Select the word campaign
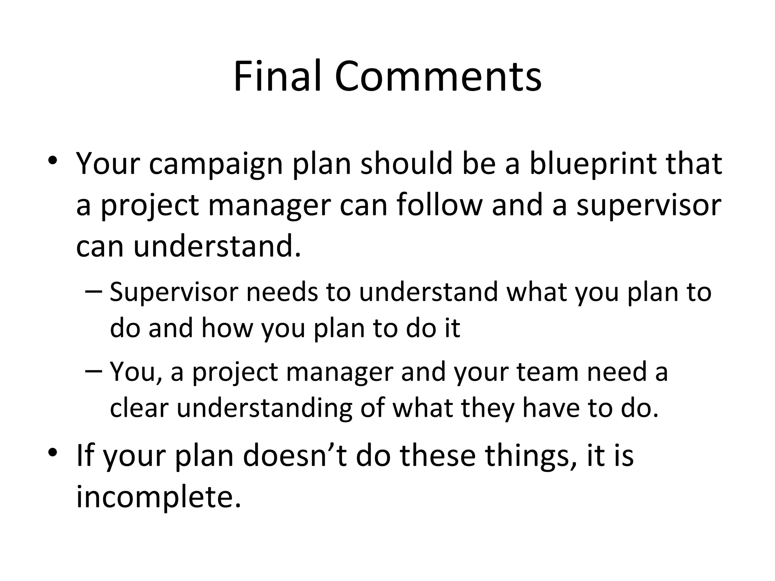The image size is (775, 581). (216, 165)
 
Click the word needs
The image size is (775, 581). (282, 292)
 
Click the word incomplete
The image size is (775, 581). (159, 498)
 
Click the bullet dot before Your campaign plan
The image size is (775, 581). (53, 161)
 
